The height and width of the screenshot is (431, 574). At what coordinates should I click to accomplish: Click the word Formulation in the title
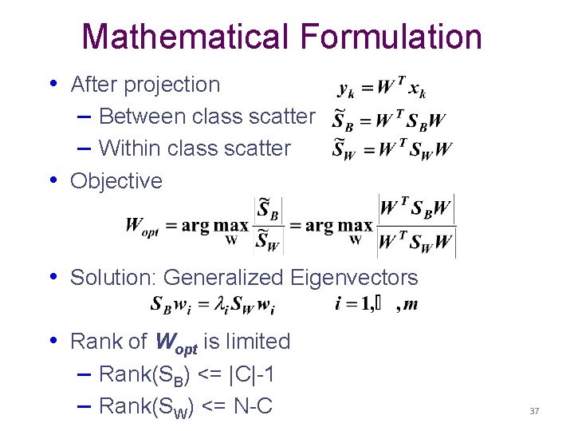click(391, 37)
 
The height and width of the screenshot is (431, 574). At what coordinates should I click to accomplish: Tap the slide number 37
click(534, 411)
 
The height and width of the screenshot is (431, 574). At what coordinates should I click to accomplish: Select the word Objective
click(116, 181)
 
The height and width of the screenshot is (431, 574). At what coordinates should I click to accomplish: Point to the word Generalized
click(223, 278)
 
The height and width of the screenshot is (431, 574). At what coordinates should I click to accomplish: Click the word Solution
click(113, 278)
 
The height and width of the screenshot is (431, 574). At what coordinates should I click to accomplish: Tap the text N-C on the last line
click(253, 406)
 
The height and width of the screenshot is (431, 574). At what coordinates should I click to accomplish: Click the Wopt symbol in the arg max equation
click(142, 227)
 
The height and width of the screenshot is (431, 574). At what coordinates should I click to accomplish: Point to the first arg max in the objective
click(215, 226)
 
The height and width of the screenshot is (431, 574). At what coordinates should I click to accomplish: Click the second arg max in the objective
click(339, 226)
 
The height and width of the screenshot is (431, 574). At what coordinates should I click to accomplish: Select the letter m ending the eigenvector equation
click(411, 304)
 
